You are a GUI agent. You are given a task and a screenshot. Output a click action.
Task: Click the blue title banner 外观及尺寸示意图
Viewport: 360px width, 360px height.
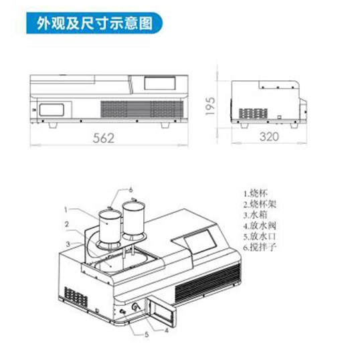coord(94,23)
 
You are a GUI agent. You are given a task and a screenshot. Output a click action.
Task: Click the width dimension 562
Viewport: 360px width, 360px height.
coord(104,138)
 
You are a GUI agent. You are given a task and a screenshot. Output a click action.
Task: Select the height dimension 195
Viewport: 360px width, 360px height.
coord(210,106)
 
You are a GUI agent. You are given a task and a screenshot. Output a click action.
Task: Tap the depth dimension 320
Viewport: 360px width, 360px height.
coord(269,137)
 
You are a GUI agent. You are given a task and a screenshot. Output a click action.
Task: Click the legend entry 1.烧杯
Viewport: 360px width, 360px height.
coord(256,193)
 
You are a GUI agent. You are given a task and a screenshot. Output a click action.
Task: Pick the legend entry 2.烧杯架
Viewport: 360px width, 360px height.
coord(260,204)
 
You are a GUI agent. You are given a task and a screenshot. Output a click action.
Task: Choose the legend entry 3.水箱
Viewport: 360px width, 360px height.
coord(256,215)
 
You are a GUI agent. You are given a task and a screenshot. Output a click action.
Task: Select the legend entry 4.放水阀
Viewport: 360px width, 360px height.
coord(260,226)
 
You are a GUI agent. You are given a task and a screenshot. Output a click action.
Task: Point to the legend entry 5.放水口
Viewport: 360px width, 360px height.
coord(260,236)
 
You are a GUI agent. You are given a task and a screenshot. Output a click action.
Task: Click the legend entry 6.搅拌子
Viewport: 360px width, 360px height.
coord(260,248)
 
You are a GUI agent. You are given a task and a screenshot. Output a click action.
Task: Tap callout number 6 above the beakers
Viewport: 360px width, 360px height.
coord(131,190)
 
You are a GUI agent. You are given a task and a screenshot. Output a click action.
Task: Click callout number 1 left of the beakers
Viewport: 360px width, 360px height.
coord(66,209)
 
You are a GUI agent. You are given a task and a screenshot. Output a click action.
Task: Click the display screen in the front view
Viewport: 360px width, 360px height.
coord(160,84)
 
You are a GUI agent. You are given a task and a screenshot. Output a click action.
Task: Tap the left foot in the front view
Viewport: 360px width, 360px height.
coord(53,125)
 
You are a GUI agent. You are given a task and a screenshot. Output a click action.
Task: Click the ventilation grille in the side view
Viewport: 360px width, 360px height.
coord(254,113)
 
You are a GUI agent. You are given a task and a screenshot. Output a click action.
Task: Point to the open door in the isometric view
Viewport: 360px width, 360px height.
coord(163,312)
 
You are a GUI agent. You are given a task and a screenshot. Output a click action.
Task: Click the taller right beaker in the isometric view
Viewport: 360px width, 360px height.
coord(133,218)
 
